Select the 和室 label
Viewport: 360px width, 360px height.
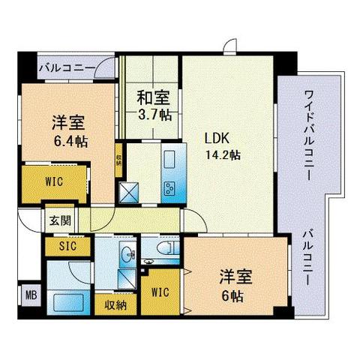tap(153, 97)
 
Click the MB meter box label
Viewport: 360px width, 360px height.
tap(31, 294)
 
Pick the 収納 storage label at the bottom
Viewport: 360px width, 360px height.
tap(115, 305)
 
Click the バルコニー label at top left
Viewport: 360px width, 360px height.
tap(67, 68)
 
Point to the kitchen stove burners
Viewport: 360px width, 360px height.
tap(168, 187)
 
